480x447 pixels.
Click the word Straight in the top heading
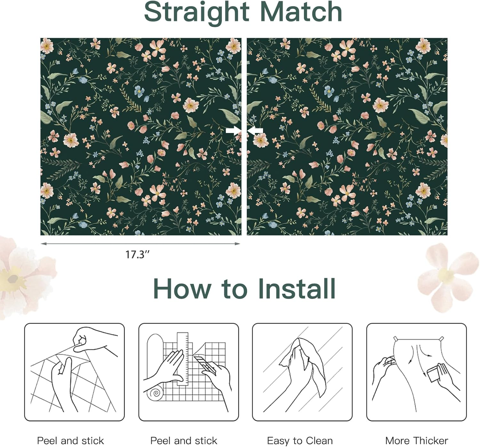(x=196, y=12)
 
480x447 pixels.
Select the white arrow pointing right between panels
(x=233, y=130)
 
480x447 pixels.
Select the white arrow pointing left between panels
(x=255, y=130)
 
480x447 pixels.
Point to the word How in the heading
(x=182, y=289)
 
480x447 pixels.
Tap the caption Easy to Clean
(x=300, y=441)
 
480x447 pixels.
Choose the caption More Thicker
(x=416, y=441)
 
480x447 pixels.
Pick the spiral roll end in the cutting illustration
(x=156, y=393)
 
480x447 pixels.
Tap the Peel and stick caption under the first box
(x=70, y=441)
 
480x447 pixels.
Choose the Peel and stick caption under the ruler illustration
(x=184, y=441)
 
